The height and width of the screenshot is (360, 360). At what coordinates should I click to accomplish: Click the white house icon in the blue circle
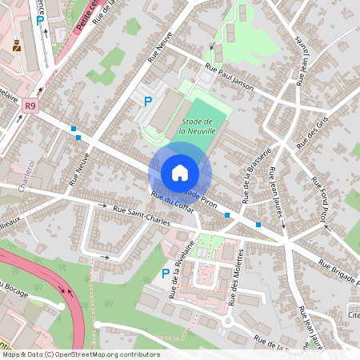tap(180, 172)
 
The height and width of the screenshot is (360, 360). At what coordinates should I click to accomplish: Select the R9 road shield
tap(30, 105)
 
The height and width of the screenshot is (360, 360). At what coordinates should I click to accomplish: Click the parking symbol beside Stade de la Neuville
tap(147, 102)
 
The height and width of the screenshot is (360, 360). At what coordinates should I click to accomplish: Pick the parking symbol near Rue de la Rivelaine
tap(166, 274)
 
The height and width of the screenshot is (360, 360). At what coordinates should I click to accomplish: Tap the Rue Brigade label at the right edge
tap(339, 271)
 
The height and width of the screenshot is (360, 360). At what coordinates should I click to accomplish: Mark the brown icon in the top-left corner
tap(16, 46)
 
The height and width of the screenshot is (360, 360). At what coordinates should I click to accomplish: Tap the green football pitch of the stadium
tap(202, 128)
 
